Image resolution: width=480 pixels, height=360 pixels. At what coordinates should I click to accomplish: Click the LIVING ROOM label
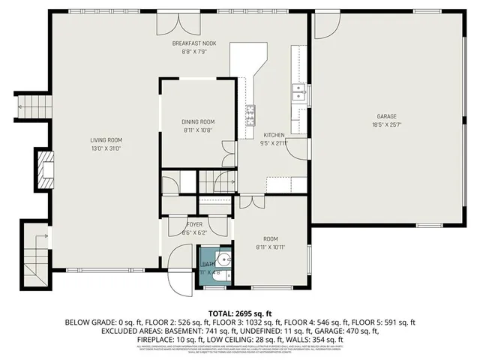[x=106, y=140]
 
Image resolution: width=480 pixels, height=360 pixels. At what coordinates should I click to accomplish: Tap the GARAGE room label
[x=386, y=117]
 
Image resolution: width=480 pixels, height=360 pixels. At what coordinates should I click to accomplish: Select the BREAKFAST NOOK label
[x=189, y=43]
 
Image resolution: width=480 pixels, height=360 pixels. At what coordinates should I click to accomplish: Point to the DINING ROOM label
[x=198, y=121]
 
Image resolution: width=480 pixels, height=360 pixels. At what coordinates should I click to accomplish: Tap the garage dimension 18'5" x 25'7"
[x=386, y=124]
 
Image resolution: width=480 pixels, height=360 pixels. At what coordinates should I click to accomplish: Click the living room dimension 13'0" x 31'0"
[x=106, y=148]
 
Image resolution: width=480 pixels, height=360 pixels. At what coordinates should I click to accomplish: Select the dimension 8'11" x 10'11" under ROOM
[x=271, y=247]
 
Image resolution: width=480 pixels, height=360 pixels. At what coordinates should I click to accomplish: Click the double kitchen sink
[x=298, y=93]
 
